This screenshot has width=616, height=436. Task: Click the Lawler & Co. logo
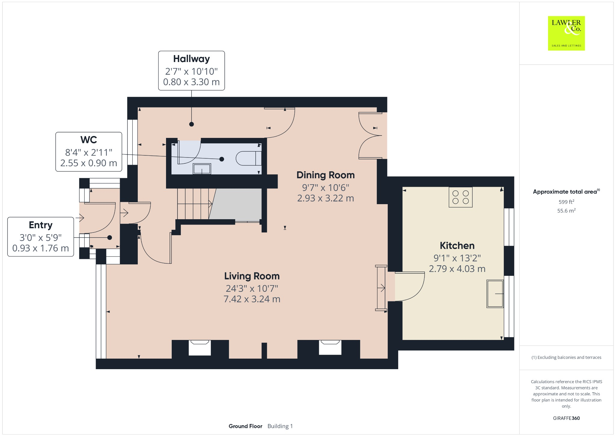(566, 33)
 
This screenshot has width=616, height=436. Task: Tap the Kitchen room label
(457, 245)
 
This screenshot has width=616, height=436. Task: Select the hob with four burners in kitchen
(460, 197)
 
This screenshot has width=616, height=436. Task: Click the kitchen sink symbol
(495, 294)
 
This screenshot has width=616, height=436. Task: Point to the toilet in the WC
(248, 158)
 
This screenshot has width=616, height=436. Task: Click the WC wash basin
(202, 169)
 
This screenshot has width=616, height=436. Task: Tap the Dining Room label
(325, 175)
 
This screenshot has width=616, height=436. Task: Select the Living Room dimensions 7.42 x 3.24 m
(252, 299)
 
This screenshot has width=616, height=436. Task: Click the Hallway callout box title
(191, 59)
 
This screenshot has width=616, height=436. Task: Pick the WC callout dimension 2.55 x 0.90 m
(88, 163)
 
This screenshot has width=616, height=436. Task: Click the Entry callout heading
(41, 225)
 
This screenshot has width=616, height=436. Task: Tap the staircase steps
(194, 204)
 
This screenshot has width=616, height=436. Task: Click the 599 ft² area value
(566, 202)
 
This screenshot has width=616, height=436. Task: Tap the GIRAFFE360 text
(566, 418)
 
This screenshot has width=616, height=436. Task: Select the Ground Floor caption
(245, 426)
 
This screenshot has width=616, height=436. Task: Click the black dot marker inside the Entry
(109, 238)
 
